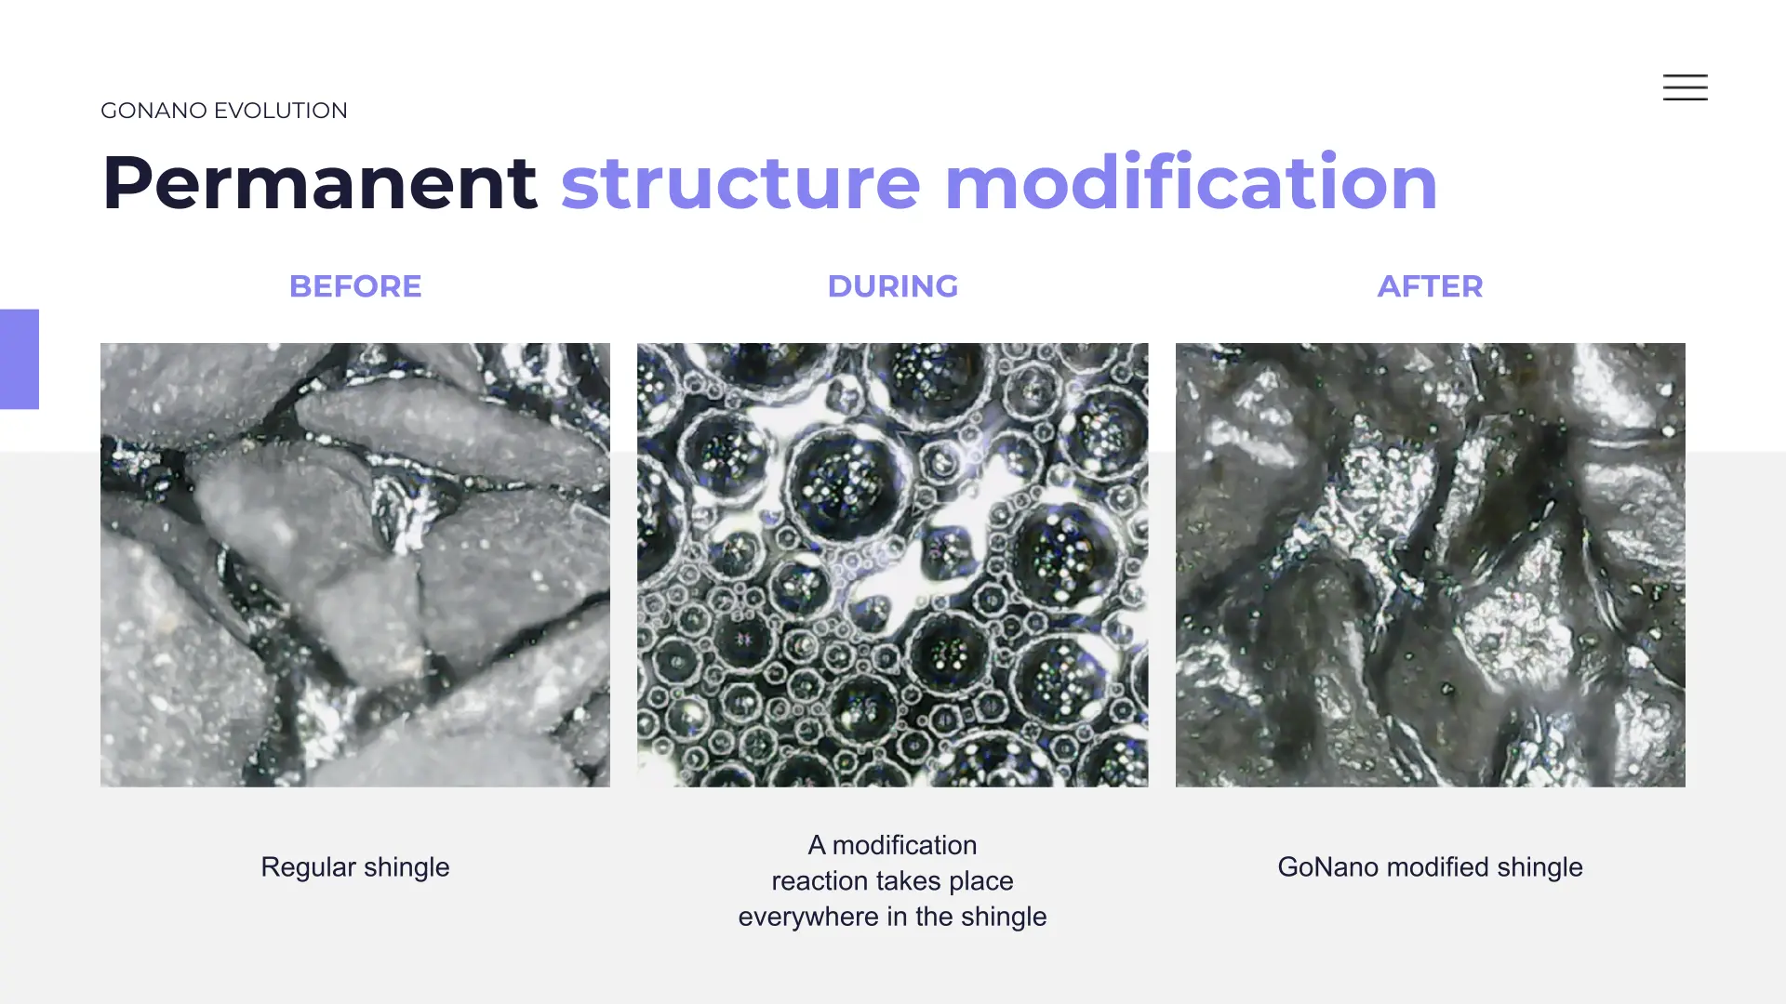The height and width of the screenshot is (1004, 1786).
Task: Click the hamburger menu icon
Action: [1685, 87]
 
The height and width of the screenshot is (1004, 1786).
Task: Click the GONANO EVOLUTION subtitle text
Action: [224, 111]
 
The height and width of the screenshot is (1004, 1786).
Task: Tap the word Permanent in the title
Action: [319, 183]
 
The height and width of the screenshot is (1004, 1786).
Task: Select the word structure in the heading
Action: [740, 183]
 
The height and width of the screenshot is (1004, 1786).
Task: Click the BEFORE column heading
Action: [355, 286]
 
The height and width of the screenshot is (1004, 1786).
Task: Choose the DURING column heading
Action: [893, 286]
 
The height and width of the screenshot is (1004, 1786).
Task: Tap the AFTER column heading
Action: [1430, 286]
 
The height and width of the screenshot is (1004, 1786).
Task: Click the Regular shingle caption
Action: [355, 867]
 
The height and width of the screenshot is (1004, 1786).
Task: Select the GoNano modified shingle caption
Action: [1430, 867]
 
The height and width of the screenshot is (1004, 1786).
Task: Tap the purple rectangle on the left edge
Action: [20, 359]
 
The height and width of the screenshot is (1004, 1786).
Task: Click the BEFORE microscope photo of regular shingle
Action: [355, 565]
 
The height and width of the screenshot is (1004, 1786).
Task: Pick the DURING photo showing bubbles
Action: [893, 565]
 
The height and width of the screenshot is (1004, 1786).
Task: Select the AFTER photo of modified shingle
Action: [1431, 565]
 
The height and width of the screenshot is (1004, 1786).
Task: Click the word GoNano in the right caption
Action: [1328, 867]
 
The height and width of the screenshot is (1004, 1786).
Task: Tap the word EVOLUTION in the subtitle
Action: [281, 111]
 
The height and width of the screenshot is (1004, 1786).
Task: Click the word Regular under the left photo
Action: [308, 868]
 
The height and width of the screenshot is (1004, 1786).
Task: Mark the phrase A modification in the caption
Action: [893, 845]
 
